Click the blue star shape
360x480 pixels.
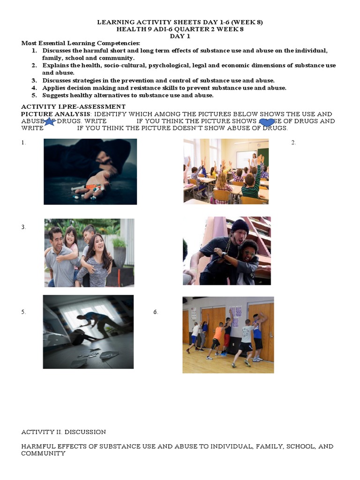(x=50, y=122)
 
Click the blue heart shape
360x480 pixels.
(x=267, y=122)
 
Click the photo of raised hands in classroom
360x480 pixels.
(x=226, y=171)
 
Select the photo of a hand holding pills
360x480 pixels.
(x=90, y=172)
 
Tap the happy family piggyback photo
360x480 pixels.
(x=89, y=253)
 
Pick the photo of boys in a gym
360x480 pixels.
(x=228, y=335)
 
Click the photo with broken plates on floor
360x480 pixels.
(x=88, y=331)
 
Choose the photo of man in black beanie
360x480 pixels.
(x=226, y=250)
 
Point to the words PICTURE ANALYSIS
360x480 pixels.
(x=55, y=114)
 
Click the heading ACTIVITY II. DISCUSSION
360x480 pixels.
(x=63, y=432)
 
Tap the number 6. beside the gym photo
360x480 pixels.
(x=156, y=312)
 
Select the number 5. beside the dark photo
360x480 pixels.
(x=23, y=312)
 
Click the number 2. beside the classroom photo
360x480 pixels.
(x=293, y=142)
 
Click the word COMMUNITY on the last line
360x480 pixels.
(x=43, y=453)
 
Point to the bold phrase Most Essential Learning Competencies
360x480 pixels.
(x=77, y=43)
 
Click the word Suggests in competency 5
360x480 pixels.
(x=55, y=95)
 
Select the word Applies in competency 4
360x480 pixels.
(x=53, y=88)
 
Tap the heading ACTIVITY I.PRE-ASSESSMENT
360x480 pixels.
(x=73, y=107)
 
